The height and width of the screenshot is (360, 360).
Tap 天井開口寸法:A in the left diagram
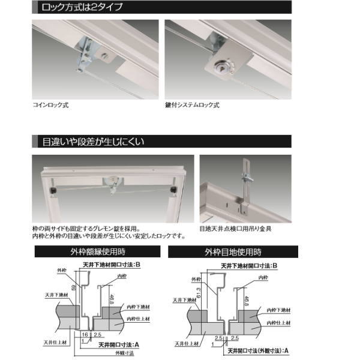point(119,344)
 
